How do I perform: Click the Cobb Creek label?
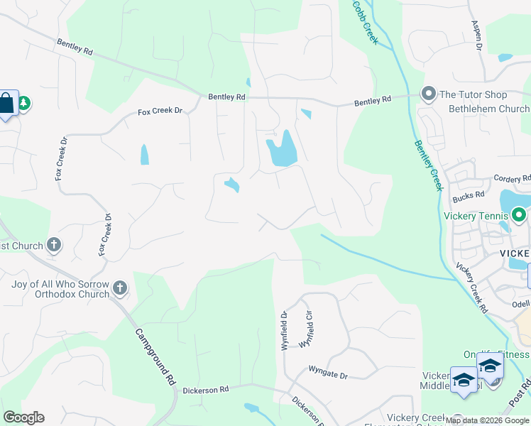click(366, 22)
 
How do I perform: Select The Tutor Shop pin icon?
click(428, 94)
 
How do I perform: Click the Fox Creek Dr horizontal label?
click(160, 112)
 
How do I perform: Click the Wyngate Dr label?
click(328, 371)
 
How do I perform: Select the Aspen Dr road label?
click(477, 35)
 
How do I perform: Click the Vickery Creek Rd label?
click(471, 288)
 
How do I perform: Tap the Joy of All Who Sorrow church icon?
click(121, 288)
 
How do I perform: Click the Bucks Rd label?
click(470, 194)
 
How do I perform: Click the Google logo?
click(23, 417)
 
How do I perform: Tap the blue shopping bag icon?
click(6, 104)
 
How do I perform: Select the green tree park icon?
click(23, 104)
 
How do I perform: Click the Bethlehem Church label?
click(489, 109)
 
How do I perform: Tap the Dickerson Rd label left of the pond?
click(205, 389)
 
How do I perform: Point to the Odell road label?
click(520, 303)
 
